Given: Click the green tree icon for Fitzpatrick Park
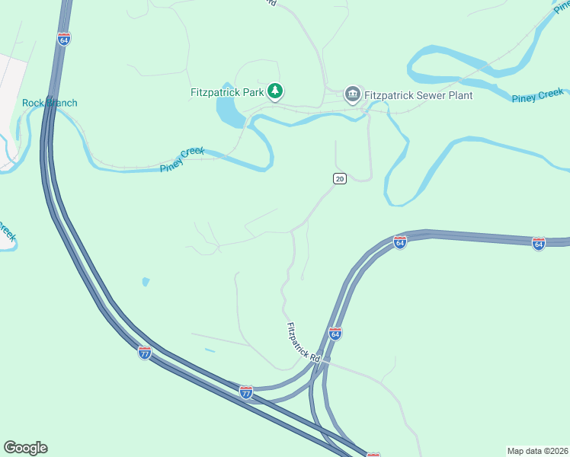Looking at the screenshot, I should point(275,93).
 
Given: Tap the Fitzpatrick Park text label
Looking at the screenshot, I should point(226,93).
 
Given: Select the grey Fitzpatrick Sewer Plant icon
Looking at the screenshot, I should point(352,94).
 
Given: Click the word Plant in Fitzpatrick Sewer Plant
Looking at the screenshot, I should point(458,96).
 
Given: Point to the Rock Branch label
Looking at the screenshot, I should point(50,103).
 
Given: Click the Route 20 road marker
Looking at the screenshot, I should point(340,178).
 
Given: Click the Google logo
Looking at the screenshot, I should point(25,448).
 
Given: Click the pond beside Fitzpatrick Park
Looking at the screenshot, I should point(229,110).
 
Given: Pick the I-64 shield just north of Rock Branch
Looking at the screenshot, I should point(64,38).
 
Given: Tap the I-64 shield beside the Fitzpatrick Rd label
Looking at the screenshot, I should point(335,334).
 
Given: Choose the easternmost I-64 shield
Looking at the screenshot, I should point(539,244).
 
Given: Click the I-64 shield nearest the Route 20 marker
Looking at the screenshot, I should point(399,242).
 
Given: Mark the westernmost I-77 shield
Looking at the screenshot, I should point(145,352).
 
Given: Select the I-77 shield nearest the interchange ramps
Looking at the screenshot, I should point(245,392).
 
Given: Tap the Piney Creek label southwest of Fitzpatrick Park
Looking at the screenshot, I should point(182,160).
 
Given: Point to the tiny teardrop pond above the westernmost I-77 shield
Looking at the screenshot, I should point(146,282).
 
